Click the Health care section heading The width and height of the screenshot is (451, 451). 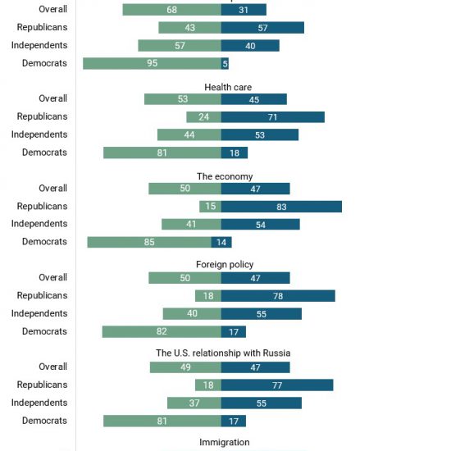click(x=228, y=87)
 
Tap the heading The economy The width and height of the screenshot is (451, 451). click(x=225, y=176)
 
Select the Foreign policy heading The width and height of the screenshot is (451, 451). click(x=225, y=264)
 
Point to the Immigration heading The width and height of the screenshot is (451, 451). click(x=225, y=442)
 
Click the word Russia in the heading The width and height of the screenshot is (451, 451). click(x=276, y=353)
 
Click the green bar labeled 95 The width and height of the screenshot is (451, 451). click(x=153, y=63)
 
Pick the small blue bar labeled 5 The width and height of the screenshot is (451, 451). click(x=225, y=63)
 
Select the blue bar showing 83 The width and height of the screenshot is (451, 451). click(x=281, y=207)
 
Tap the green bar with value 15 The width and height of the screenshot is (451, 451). click(x=210, y=207)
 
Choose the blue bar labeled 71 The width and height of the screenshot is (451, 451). click(x=273, y=117)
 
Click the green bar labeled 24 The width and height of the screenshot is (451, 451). click(x=203, y=117)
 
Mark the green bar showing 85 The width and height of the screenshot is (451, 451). click(x=149, y=242)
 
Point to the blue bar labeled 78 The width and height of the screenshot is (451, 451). click(x=278, y=296)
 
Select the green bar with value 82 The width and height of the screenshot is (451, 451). click(x=162, y=331)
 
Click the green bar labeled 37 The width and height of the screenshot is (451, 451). click(x=194, y=403)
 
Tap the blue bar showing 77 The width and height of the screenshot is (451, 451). click(x=277, y=385)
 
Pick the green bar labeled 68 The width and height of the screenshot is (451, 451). click(x=172, y=10)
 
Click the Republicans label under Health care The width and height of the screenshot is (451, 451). click(x=43, y=116)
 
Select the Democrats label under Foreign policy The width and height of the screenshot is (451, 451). click(x=44, y=331)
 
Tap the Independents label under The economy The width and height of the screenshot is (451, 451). click(x=39, y=224)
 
